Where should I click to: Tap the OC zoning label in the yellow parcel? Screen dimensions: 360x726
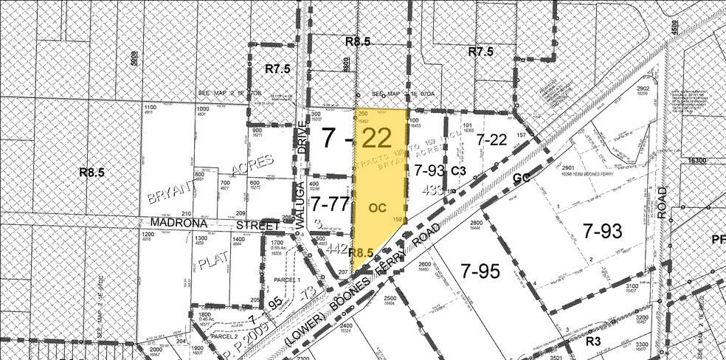[379, 187]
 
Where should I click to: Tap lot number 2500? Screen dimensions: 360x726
[391, 297]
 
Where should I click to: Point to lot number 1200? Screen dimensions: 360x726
[148, 235]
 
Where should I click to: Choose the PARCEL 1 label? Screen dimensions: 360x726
[285, 280]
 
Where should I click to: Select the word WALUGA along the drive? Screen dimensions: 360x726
[302, 216]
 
